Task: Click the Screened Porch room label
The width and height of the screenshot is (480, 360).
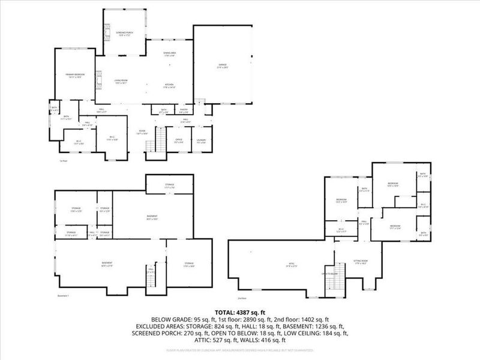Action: [x=124, y=33]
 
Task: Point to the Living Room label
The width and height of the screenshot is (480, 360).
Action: [x=121, y=81]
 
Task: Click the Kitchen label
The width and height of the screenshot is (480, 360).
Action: [x=170, y=85]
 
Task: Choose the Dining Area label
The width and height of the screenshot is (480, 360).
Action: [x=170, y=55]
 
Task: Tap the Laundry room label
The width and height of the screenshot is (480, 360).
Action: [x=201, y=141]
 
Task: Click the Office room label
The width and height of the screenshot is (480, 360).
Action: [x=179, y=141]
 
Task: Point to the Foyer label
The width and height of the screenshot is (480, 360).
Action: [x=143, y=132]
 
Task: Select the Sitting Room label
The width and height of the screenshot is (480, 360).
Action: [x=360, y=262]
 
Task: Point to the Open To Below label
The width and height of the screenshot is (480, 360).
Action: [x=331, y=273]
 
